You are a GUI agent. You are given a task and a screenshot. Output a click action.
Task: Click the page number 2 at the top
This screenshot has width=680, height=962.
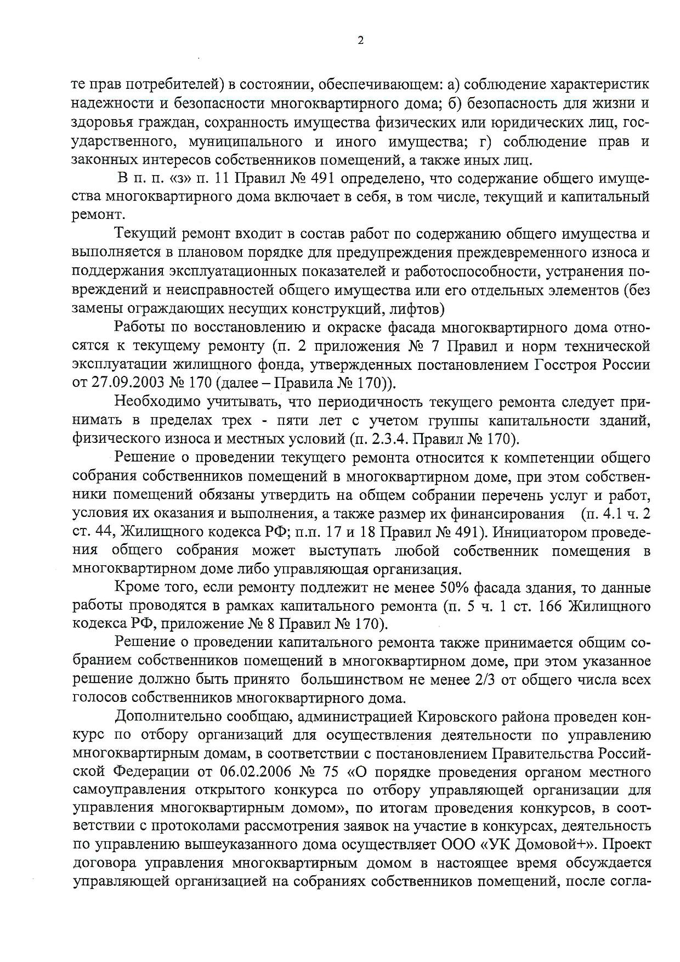click(x=360, y=40)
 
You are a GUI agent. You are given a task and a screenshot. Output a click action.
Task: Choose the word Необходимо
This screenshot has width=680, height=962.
click(x=156, y=402)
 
